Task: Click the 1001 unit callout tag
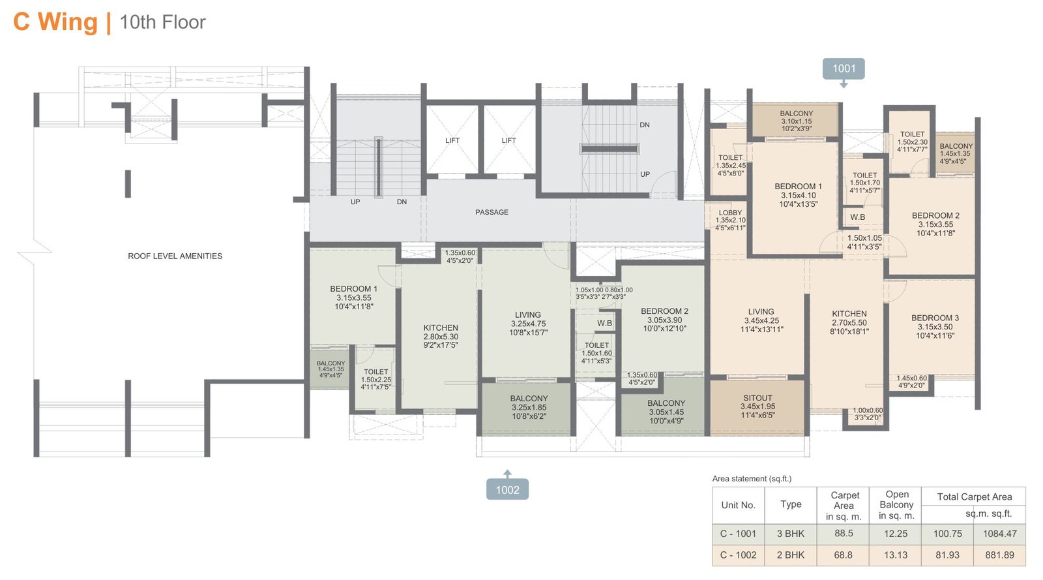pos(844,69)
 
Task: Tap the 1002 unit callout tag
pos(507,489)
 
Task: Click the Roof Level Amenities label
pos(175,256)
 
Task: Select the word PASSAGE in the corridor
pos(492,212)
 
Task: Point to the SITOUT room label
pos(757,398)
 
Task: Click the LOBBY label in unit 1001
pos(730,213)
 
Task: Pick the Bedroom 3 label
pos(935,318)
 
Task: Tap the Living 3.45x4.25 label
pos(761,312)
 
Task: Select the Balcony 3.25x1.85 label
pos(529,399)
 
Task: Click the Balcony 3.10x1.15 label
pos(796,114)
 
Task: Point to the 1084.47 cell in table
pos(999,534)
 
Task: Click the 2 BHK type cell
pos(791,555)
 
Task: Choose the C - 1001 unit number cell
pos(738,534)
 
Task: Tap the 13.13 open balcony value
pos(896,555)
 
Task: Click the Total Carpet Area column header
pos(974,497)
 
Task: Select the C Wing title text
pos(55,22)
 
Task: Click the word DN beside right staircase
pos(644,125)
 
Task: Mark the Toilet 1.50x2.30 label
pos(912,134)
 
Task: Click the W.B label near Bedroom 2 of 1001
pos(857,217)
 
